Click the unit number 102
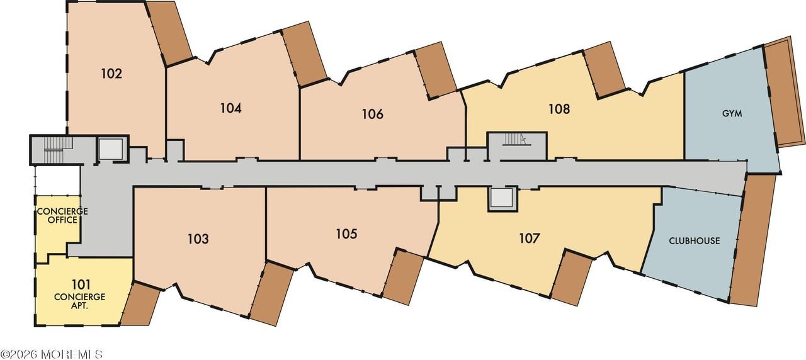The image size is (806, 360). (111, 74)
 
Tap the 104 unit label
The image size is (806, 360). (230, 108)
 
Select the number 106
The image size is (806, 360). (372, 115)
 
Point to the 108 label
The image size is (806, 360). (559, 109)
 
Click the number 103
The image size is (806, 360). (198, 239)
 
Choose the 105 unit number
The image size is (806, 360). (346, 234)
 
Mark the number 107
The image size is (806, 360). (530, 238)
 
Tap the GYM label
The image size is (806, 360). (732, 114)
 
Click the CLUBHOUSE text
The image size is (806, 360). (694, 241)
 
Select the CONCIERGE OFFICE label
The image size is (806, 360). (62, 215)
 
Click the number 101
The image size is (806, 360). (81, 285)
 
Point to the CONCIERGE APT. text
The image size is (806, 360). (79, 301)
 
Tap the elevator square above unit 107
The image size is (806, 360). (502, 199)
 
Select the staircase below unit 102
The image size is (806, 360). (54, 150)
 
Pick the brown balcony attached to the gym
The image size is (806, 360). (785, 95)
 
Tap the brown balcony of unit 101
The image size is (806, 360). (140, 304)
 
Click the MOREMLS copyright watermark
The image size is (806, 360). (52, 354)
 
